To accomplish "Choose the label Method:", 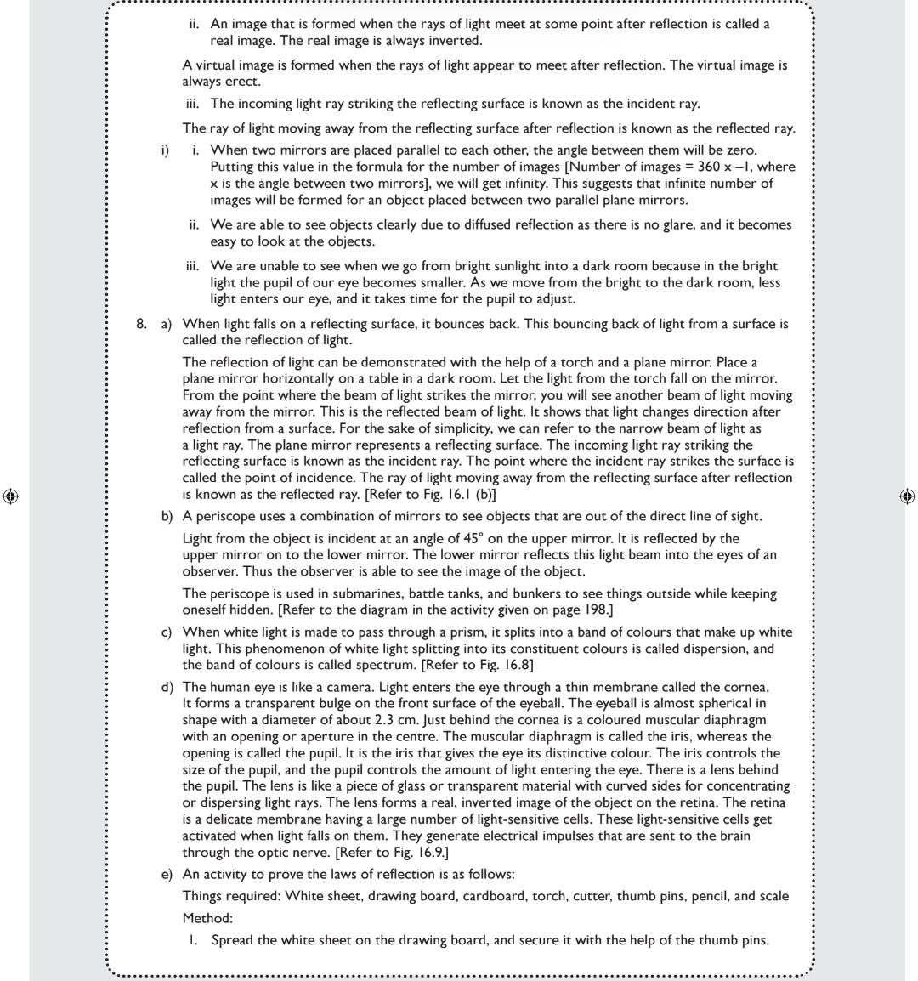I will (x=207, y=918).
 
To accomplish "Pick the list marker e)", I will (x=168, y=875).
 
